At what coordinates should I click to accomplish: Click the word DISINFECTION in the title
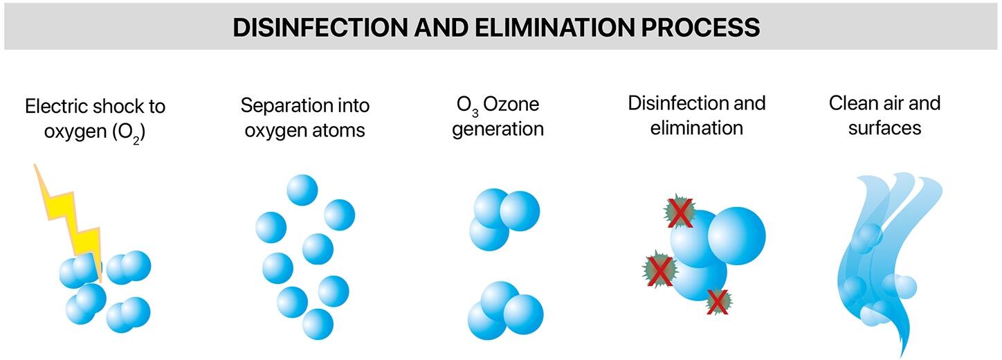[320, 27]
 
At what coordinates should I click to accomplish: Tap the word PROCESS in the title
[700, 27]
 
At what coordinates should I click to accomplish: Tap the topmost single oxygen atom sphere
[302, 190]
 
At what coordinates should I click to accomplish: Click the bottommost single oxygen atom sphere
[318, 324]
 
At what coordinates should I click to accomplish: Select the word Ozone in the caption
[511, 105]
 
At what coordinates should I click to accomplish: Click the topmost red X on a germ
[680, 213]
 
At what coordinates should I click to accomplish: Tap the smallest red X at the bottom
[718, 302]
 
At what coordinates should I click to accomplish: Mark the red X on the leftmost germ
[659, 271]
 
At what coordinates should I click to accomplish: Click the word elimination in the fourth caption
[696, 128]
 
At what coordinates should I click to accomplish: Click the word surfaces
[884, 129]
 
